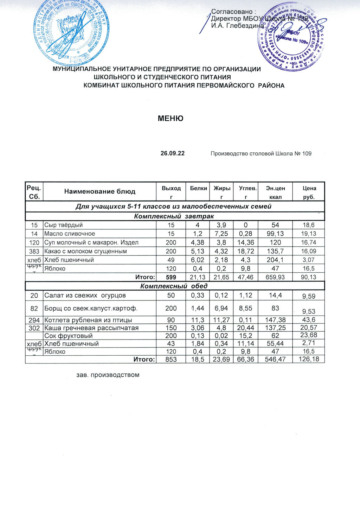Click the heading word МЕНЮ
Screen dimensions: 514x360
pos(171,119)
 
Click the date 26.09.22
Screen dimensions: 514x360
pos(173,153)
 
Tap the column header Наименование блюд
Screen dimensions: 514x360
pos(99,191)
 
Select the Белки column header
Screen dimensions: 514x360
pos(198,188)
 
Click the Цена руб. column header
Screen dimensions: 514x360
pos(309,192)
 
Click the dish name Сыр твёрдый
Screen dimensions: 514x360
pos(64,225)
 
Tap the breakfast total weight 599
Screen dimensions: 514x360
pos(171,277)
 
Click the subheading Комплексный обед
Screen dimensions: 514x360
pos(174,286)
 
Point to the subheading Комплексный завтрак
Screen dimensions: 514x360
pos(174,216)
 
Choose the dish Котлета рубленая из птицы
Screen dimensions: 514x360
pos(88,320)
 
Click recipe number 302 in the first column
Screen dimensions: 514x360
pos(34,328)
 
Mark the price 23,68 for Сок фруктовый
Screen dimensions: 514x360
pos(309,335)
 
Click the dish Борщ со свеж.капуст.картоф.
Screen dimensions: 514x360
pos(91,309)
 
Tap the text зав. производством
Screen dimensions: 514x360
pos(108,375)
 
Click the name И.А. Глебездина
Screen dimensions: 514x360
pos(237,25)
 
